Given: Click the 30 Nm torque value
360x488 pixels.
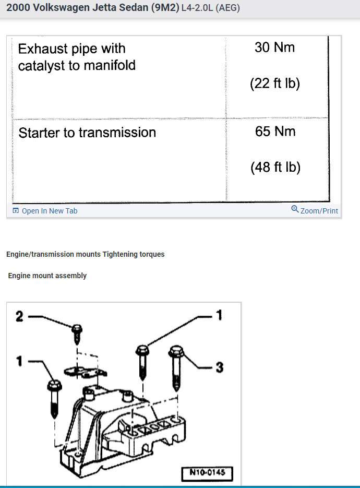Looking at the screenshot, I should pos(275,47).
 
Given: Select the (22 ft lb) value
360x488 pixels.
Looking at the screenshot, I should pos(275,84).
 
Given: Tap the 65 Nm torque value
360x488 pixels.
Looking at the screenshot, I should pos(275,132).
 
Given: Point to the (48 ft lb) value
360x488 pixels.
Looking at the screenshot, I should pos(275,168).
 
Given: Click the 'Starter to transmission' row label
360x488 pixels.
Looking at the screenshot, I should pos(87,133).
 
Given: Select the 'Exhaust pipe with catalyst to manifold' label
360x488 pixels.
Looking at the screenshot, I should pos(77,57).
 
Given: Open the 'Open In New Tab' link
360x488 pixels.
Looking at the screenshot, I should pos(49,211).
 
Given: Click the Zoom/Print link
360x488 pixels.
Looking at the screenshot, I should pos(319,211).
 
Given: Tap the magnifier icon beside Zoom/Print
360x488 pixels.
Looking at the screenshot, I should pos(295,210).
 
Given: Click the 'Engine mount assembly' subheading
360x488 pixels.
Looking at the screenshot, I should pos(47,276).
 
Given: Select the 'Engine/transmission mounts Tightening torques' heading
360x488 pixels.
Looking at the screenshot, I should pos(86,254).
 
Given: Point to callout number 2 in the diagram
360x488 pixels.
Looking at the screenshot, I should pos(19,317).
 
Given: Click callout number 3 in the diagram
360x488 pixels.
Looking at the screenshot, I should pos(220,368).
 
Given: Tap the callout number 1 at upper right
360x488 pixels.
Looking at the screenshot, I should pos(219,315).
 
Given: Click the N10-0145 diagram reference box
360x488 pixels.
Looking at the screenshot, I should pos(207,474).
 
